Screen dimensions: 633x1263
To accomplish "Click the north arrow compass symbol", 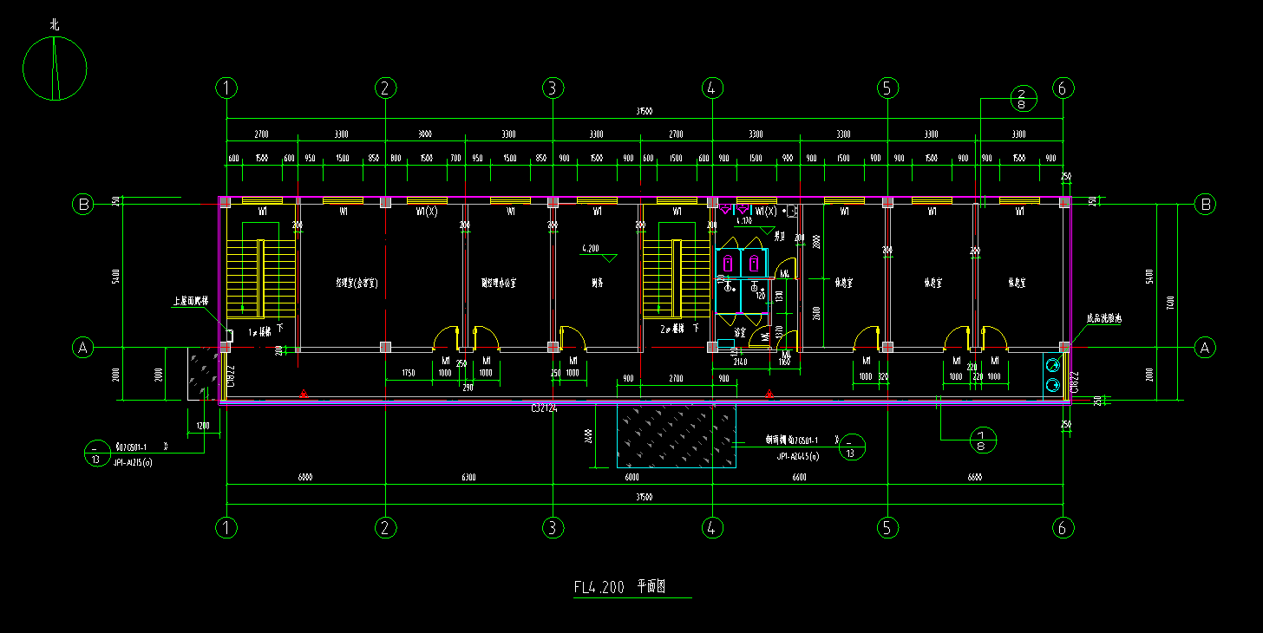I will tap(55, 69).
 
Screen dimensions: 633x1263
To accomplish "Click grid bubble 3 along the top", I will tap(553, 88).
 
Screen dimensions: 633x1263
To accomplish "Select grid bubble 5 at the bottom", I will tap(886, 527).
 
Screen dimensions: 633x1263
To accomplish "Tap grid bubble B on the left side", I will tap(83, 205).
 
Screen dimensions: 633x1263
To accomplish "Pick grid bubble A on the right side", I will tap(1204, 348).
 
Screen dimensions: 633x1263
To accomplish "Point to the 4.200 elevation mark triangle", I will tap(609, 258).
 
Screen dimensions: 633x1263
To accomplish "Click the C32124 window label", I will tap(544, 408).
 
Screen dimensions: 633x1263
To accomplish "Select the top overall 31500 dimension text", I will tap(644, 112).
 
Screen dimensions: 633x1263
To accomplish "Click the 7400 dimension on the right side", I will tap(1170, 302).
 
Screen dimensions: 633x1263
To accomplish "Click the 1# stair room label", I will tap(259, 331).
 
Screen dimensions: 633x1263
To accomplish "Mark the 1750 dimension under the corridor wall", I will tap(412, 373).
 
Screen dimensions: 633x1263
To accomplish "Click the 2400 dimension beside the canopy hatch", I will tap(589, 434).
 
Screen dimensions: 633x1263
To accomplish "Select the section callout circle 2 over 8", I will tap(1021, 98).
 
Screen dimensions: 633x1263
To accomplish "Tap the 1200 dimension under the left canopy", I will tap(202, 426).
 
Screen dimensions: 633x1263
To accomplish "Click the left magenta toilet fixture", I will tap(728, 262).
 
